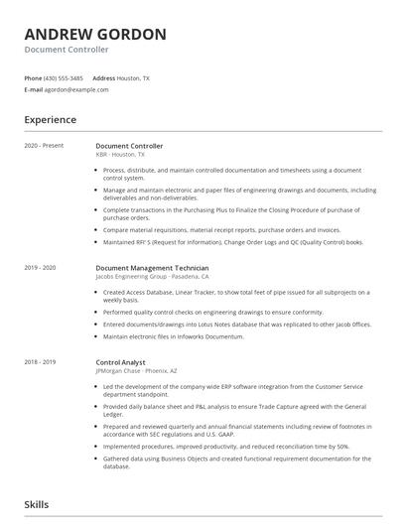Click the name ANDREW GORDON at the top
(x=95, y=34)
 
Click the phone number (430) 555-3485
(x=64, y=77)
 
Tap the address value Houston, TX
(x=133, y=77)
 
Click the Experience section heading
(x=51, y=120)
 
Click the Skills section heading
(x=37, y=504)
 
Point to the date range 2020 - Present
(x=44, y=146)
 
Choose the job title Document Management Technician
(x=152, y=268)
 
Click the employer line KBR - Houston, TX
(x=120, y=155)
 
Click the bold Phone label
(x=33, y=77)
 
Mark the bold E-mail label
(x=34, y=89)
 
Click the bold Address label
(x=103, y=77)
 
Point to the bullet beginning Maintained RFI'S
(x=233, y=241)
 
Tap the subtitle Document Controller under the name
(x=67, y=50)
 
